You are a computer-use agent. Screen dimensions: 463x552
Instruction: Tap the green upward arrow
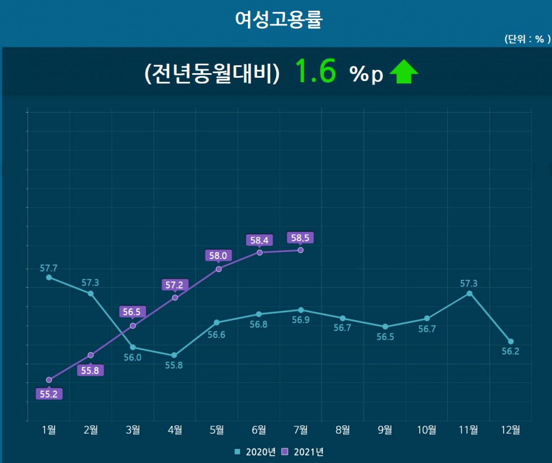[404, 72]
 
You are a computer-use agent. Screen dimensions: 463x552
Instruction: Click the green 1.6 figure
[315, 72]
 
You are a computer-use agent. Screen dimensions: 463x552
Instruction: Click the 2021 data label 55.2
[49, 394]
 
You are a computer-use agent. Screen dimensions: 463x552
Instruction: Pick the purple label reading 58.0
[218, 256]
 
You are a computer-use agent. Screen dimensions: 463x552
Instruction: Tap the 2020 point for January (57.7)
[49, 277]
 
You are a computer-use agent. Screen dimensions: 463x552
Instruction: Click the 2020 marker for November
[469, 293]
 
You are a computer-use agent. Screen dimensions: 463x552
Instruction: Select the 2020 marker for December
[511, 341]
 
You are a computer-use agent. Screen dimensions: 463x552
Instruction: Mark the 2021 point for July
[300, 250]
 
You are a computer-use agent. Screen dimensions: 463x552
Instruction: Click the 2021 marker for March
[133, 326]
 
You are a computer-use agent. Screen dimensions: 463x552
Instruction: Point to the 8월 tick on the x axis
[342, 430]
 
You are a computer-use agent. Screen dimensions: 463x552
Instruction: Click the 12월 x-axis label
[511, 430]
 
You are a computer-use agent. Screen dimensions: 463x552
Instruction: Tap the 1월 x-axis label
[49, 430]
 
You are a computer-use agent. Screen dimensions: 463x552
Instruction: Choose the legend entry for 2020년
[255, 452]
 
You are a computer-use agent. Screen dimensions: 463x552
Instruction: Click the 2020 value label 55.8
[174, 365]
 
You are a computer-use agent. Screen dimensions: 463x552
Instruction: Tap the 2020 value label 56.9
[301, 320]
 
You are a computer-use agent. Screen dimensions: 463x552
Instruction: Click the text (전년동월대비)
[212, 74]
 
